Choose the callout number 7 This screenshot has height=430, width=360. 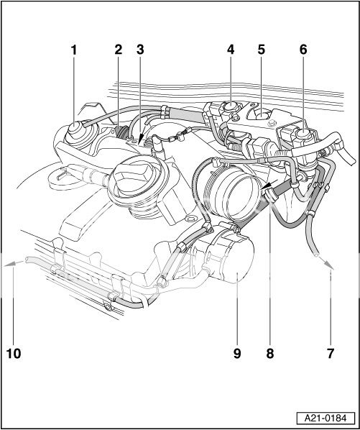coord(330,353)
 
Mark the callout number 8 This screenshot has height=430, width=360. coord(270,353)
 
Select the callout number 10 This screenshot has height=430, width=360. coord(14,353)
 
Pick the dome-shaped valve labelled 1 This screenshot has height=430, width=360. coord(77,135)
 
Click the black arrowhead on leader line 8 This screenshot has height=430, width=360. coord(267,191)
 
